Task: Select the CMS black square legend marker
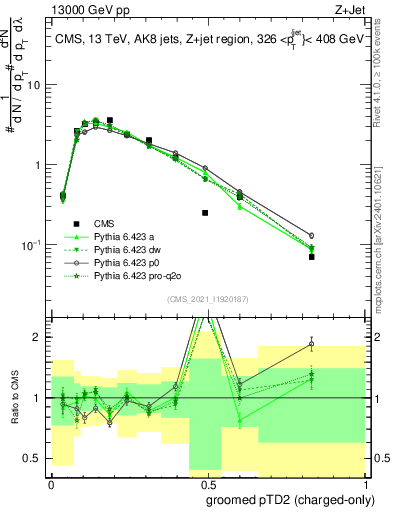pyautogui.click(x=74, y=224)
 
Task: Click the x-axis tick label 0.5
pyautogui.click(x=205, y=483)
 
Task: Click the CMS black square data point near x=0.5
pyautogui.click(x=205, y=213)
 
